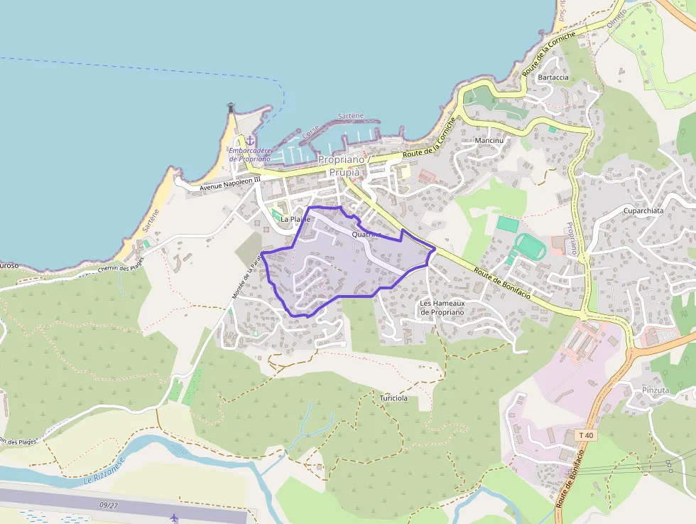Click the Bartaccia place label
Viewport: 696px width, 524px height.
(553, 77)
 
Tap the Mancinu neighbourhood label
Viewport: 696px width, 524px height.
(489, 141)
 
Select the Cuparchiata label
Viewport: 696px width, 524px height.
(643, 211)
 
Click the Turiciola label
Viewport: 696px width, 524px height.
(393, 398)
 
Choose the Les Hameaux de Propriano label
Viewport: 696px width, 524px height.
(442, 308)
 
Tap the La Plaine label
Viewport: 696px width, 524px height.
(295, 219)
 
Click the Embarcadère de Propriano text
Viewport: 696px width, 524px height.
(250, 154)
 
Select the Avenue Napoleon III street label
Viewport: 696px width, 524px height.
(230, 184)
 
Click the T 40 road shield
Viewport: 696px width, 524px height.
(586, 435)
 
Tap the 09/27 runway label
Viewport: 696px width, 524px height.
(109, 506)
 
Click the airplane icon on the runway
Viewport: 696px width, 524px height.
(175, 517)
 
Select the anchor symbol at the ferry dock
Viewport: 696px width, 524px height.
(250, 141)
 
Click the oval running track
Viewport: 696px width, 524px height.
(530, 246)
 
